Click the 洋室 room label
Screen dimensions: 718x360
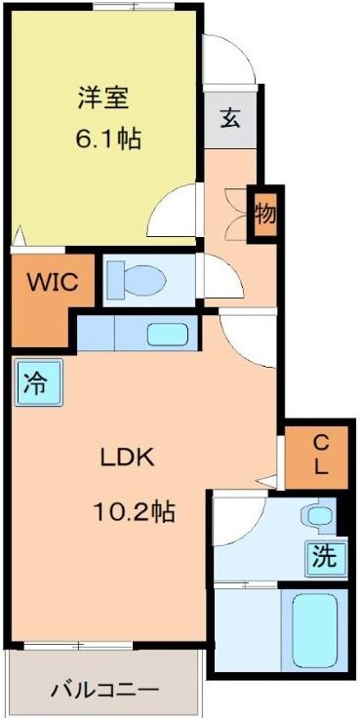(104, 98)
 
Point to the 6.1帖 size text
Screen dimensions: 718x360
(108, 139)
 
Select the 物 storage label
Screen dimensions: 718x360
(264, 213)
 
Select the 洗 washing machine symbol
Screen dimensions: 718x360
(325, 556)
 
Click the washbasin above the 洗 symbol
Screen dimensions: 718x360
(317, 514)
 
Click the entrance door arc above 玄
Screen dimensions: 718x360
(230, 63)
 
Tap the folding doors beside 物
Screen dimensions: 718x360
(235, 212)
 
